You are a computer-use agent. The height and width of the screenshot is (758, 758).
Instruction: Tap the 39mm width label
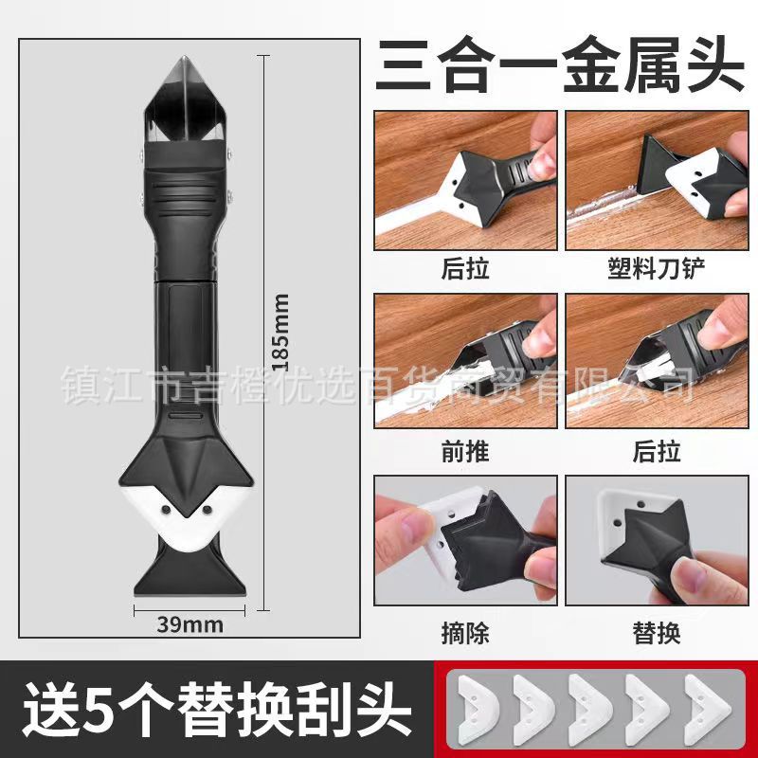pyautogui.click(x=190, y=624)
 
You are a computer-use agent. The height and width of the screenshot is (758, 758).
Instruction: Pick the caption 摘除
pyautogui.click(x=465, y=632)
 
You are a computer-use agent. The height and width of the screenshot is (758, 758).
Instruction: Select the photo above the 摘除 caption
pyautogui.click(x=465, y=541)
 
